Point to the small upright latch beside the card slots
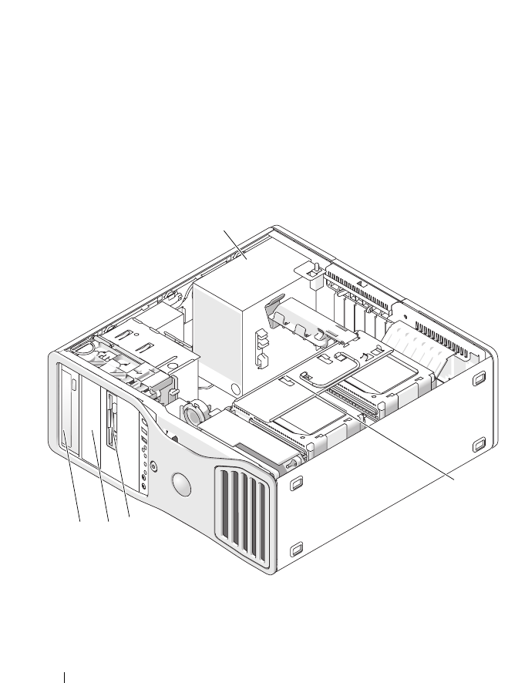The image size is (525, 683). point(315,274)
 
